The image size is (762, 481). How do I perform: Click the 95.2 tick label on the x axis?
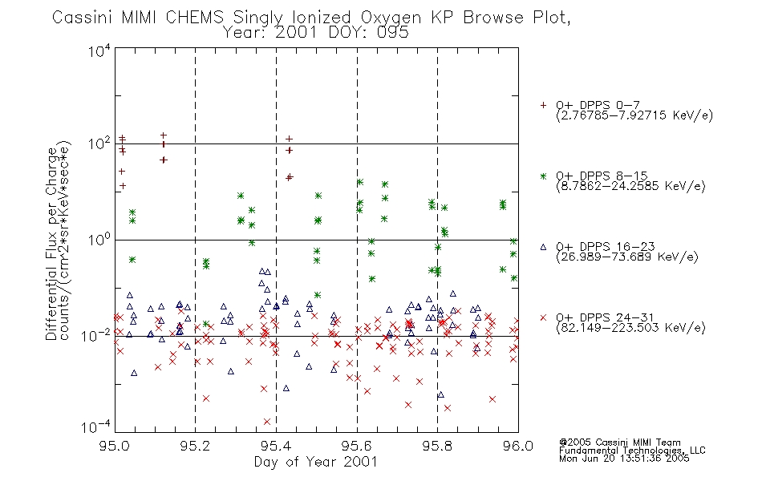[x=196, y=446]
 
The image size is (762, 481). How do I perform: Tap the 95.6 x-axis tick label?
[x=357, y=446]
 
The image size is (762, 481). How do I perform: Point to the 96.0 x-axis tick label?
[x=518, y=446]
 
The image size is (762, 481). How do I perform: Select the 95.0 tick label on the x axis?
[x=115, y=446]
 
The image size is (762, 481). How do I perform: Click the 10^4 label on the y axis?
[x=99, y=51]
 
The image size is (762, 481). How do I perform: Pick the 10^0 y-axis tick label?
[x=99, y=240]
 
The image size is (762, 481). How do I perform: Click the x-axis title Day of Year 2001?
[x=315, y=462]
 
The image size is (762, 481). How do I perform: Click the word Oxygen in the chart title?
[x=391, y=18]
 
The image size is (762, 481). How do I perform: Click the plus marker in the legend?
[x=543, y=105]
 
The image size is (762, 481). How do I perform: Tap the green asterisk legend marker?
[x=543, y=176]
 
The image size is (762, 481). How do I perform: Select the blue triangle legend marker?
[x=543, y=247]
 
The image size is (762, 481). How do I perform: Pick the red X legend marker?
[x=543, y=317]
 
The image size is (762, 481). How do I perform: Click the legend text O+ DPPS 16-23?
[x=605, y=246]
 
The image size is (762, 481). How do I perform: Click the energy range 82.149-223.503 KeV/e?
[x=630, y=328]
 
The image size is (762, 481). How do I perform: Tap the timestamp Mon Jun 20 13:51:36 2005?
[x=624, y=459]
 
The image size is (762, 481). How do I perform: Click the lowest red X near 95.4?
[x=267, y=421]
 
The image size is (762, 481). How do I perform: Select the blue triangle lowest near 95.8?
[x=441, y=394]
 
